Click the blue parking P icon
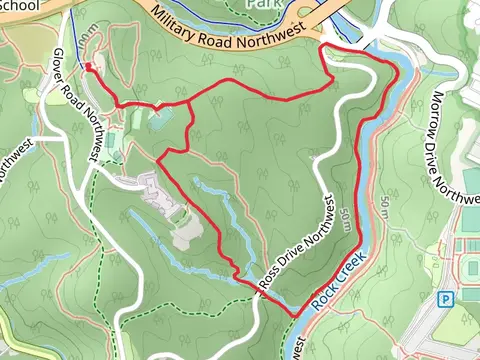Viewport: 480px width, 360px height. [x=445, y=298]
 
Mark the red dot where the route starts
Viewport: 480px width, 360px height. [x=88, y=67]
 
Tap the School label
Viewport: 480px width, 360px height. [x=20, y=5]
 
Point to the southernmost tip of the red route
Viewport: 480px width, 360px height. [x=296, y=316]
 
